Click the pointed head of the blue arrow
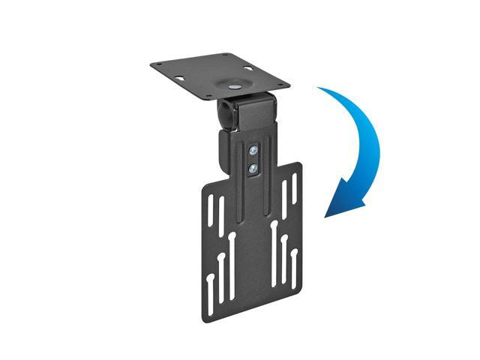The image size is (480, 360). coord(328,214)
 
